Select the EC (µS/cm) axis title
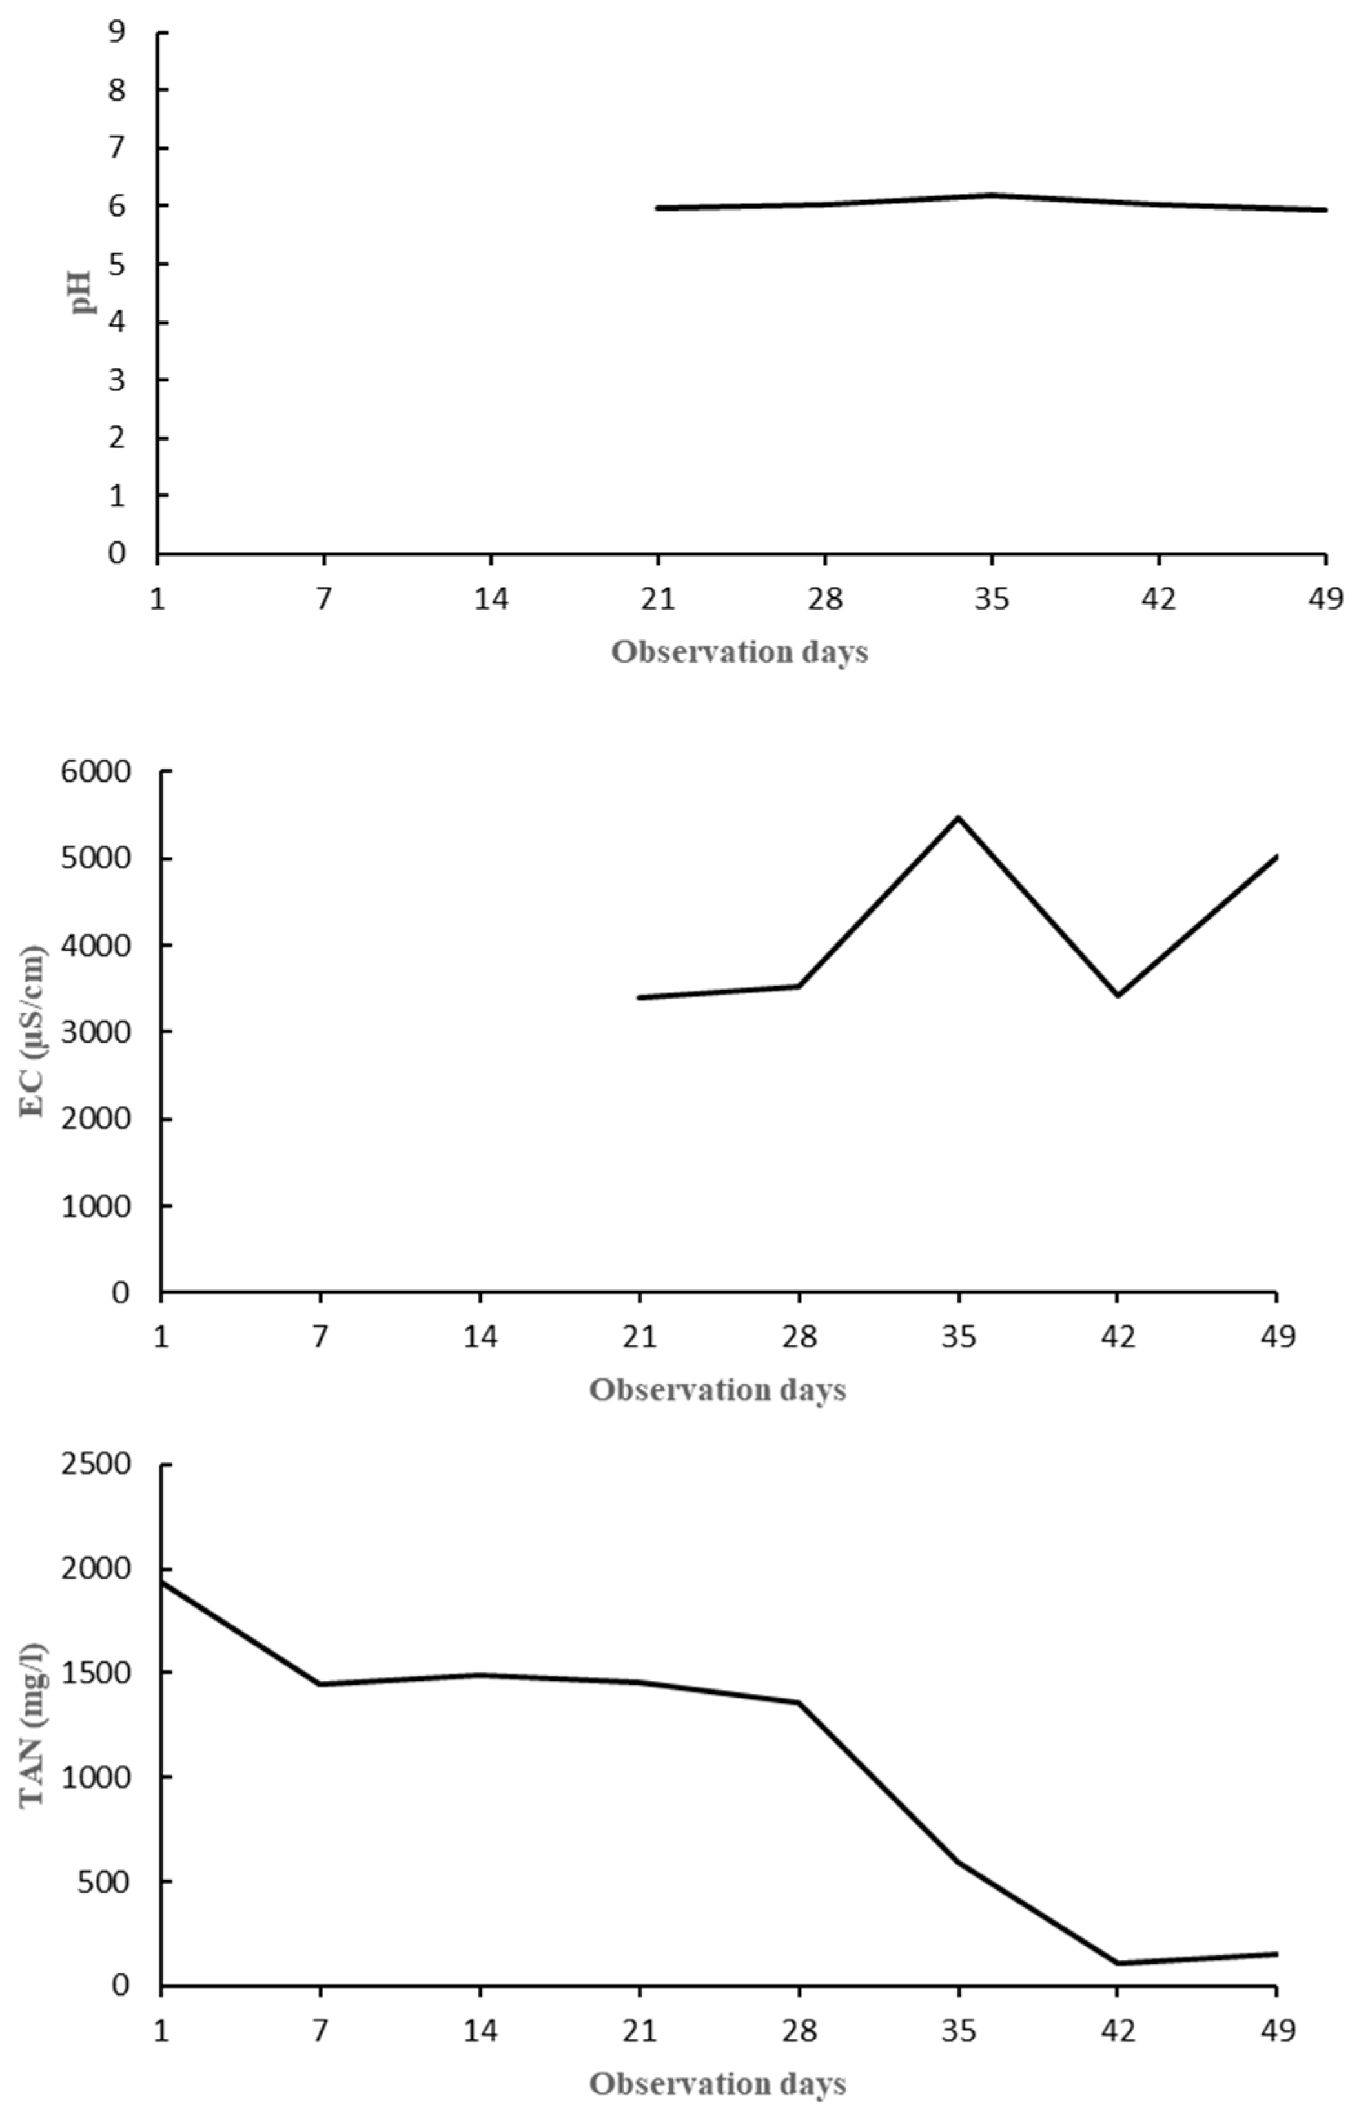click(x=34, y=1030)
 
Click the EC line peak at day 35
click(x=958, y=818)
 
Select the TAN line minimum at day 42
click(x=1118, y=1964)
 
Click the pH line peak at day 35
click(x=992, y=195)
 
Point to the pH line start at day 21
click(x=659, y=209)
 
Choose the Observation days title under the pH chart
click(x=739, y=652)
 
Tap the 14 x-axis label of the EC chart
click(x=480, y=1338)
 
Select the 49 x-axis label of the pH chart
click(x=1325, y=600)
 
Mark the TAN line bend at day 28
click(x=799, y=1703)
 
